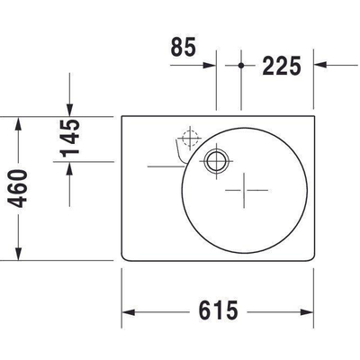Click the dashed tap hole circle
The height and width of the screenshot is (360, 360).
pyautogui.click(x=188, y=139)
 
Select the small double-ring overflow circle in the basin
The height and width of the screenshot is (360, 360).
pyautogui.click(x=216, y=162)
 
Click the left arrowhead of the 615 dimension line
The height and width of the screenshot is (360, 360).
pyautogui.click(x=128, y=312)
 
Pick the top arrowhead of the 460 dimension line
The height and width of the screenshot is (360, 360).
pyautogui.click(x=17, y=121)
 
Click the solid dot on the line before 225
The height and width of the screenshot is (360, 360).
pyautogui.click(x=242, y=65)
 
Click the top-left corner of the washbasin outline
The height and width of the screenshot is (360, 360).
pyautogui.click(x=123, y=116)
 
